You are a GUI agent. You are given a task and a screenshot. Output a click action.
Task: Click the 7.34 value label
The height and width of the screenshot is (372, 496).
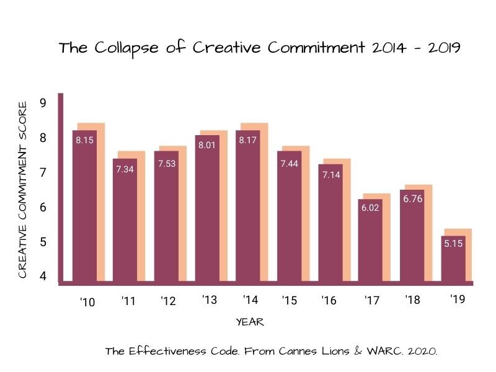(x=125, y=169)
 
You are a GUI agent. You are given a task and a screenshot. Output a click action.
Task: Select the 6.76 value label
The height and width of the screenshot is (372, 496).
(x=412, y=200)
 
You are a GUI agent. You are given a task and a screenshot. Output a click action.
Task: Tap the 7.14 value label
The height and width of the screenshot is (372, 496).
(x=330, y=175)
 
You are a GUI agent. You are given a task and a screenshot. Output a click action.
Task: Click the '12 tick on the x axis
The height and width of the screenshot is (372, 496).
(x=167, y=301)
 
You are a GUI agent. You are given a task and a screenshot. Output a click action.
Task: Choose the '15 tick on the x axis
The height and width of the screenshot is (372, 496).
(x=289, y=301)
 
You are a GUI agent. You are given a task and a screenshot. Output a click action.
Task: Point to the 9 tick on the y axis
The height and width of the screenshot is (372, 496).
(x=43, y=103)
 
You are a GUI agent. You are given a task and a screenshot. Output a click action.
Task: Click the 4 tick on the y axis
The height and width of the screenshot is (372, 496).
(x=43, y=276)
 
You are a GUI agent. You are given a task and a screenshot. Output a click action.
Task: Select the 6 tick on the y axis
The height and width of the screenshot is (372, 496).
(x=43, y=207)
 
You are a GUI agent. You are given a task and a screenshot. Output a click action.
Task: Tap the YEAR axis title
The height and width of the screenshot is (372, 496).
(x=250, y=322)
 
